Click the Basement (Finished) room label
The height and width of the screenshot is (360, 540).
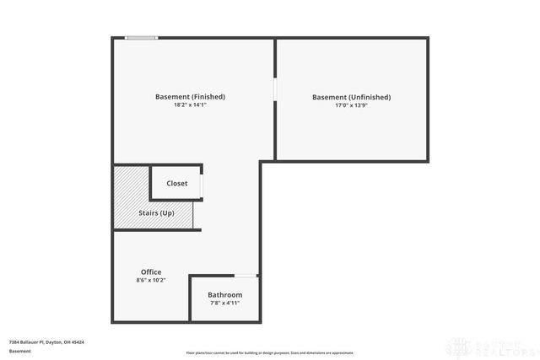point(190,96)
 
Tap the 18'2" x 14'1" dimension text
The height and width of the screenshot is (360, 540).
point(190,105)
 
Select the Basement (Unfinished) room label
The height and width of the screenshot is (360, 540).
point(351,97)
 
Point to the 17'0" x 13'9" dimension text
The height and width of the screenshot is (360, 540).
point(351,106)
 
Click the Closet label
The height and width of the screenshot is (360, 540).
point(177,183)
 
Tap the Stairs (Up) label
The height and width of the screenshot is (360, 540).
point(156,213)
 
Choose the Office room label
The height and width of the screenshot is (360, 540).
point(151,271)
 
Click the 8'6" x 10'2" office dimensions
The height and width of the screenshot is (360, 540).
point(151,280)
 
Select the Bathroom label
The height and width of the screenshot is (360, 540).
point(225,294)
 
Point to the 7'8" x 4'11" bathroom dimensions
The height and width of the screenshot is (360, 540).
point(225,303)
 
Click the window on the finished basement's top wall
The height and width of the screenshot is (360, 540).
point(142,37)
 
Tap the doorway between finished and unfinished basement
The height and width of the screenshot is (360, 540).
point(275,89)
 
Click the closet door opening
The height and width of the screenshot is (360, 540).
point(201,183)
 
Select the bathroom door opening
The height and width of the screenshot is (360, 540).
point(246,275)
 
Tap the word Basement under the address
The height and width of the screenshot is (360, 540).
point(19,350)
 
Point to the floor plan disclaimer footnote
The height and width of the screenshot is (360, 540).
point(270,352)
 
